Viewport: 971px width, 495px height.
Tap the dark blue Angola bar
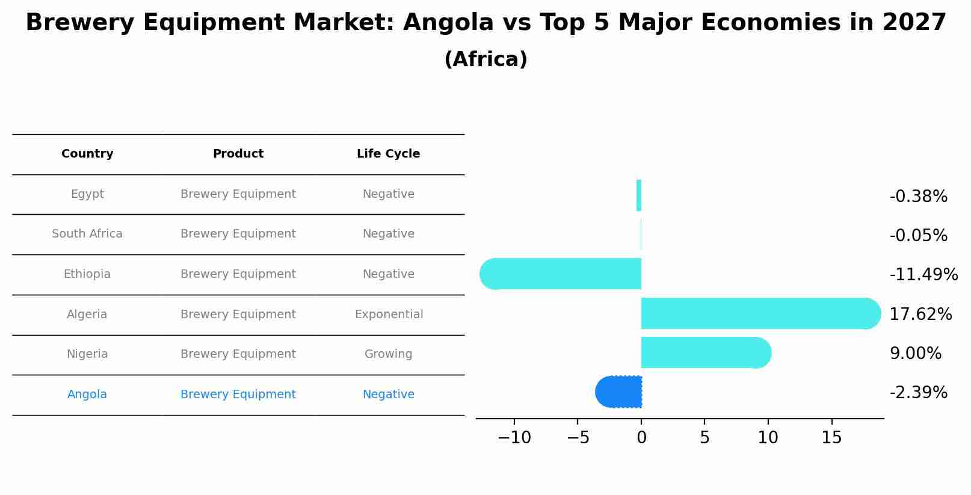pos(620,392)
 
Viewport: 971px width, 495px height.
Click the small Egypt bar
pos(639,195)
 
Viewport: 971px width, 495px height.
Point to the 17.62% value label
pos(920,314)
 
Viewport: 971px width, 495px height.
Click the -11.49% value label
pos(923,275)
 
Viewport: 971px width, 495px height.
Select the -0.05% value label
pos(919,235)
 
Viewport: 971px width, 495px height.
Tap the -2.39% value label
pos(919,392)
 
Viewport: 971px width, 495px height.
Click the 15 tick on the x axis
pos(831,437)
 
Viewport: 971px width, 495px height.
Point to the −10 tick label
pos(514,437)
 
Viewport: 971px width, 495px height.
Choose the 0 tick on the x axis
pos(641,437)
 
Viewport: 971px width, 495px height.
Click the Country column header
pos(87,154)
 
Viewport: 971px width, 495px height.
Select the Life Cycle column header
pos(388,154)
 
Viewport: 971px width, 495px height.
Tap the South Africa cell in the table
pos(87,234)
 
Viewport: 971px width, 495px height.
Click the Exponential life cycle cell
pos(389,314)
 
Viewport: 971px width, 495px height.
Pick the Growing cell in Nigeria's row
pos(388,354)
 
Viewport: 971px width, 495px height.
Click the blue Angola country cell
pos(87,395)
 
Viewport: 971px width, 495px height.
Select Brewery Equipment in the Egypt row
pos(238,194)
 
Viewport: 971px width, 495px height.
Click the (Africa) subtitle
pos(485,60)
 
